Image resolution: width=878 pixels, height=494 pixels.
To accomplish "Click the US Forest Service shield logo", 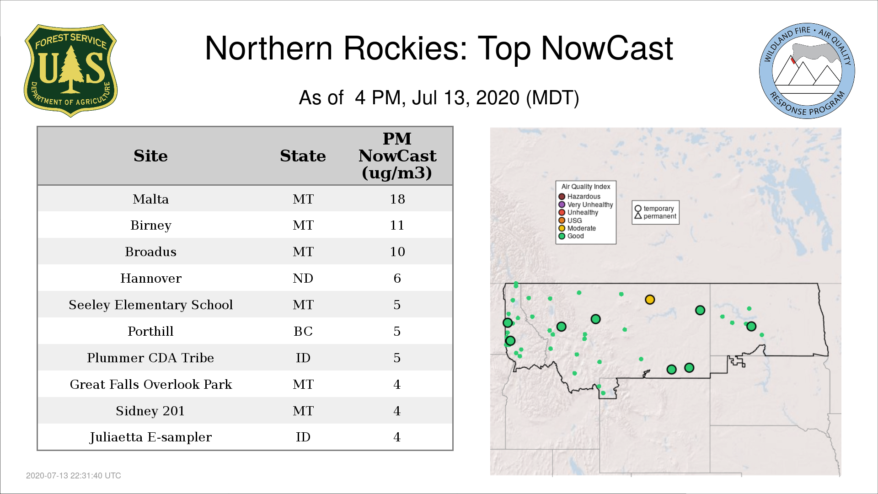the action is coord(70,70).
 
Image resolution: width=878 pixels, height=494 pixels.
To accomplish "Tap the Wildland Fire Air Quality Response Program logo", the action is coord(807,71).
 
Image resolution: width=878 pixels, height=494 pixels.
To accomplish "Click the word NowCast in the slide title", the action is coord(607,48).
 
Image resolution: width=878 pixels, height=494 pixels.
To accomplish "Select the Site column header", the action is coord(150,156).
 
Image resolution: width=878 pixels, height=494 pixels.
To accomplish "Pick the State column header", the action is coord(303,156).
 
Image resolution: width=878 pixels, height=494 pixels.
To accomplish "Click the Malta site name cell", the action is coord(150,199).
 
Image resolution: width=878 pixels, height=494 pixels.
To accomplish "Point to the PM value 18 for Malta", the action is coord(397,199).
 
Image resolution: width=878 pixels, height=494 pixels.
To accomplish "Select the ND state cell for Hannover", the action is coord(303,278).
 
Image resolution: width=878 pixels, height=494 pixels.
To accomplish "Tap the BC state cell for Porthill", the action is coord(303,331).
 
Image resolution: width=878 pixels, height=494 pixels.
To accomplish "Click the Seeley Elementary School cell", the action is coord(150,305).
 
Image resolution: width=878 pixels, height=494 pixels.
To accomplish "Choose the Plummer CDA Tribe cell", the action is coord(150,358).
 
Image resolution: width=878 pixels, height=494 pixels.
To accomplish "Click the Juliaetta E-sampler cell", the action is coord(150,437).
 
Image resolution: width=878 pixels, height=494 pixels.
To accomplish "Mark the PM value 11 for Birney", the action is coord(397,225).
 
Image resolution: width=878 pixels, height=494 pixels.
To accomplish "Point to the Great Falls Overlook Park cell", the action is coord(150,384).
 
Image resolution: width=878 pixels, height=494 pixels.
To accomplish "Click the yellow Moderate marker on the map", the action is coord(650,300).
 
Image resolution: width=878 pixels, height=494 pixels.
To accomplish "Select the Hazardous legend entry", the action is coord(579,197).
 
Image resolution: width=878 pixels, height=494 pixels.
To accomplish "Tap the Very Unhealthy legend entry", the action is coord(586,204).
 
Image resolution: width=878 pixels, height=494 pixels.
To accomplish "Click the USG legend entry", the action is coord(570,220).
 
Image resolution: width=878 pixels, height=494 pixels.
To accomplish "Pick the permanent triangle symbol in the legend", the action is coord(638,216).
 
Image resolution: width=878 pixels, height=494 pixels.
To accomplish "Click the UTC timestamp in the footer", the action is coord(74,476).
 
